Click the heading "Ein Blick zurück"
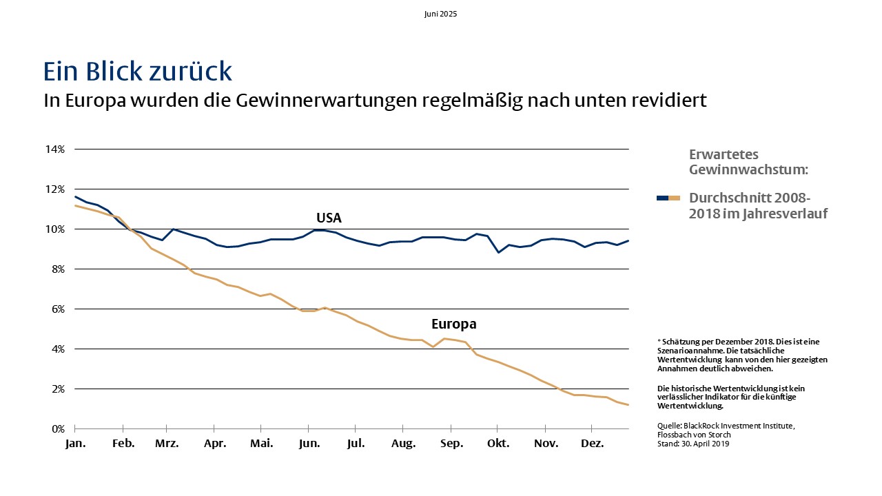click(x=137, y=71)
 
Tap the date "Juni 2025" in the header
click(x=440, y=14)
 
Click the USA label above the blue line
click(x=329, y=218)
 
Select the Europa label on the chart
click(x=454, y=324)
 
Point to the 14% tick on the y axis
click(x=54, y=149)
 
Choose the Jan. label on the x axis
click(x=75, y=444)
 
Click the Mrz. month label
click(x=167, y=444)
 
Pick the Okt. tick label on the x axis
click(x=498, y=444)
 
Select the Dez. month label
click(x=592, y=444)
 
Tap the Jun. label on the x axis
click(x=309, y=444)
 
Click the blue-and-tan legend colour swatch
click(x=668, y=198)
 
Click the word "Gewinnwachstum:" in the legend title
click(x=748, y=169)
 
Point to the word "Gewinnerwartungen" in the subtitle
click(x=327, y=101)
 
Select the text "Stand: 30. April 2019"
click(x=693, y=444)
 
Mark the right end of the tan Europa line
click(x=628, y=404)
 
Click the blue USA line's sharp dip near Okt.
click(x=498, y=252)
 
